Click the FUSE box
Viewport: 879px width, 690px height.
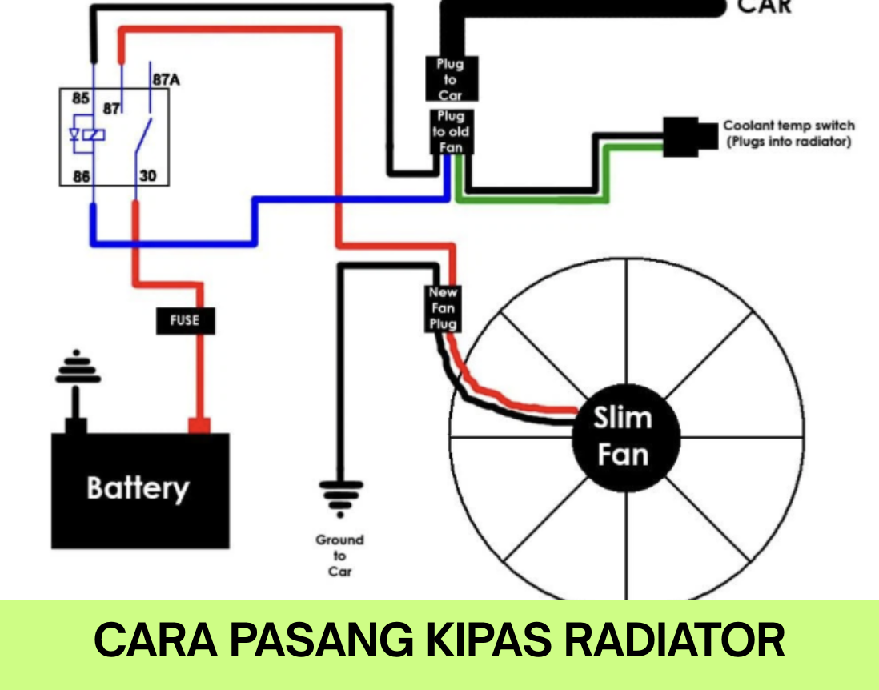[184, 321]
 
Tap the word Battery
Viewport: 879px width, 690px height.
[138, 488]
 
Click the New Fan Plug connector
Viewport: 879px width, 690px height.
[443, 308]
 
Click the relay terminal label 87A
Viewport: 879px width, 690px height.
[166, 79]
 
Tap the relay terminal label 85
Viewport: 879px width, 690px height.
[80, 99]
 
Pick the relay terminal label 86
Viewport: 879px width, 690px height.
[81, 176]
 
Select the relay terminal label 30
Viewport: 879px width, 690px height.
[148, 175]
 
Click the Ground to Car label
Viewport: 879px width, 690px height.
[340, 556]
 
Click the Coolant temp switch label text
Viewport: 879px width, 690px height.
[788, 134]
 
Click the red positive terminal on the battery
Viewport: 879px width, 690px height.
[199, 425]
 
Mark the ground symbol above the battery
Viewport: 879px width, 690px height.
[76, 370]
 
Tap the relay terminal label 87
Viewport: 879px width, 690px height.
[110, 107]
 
